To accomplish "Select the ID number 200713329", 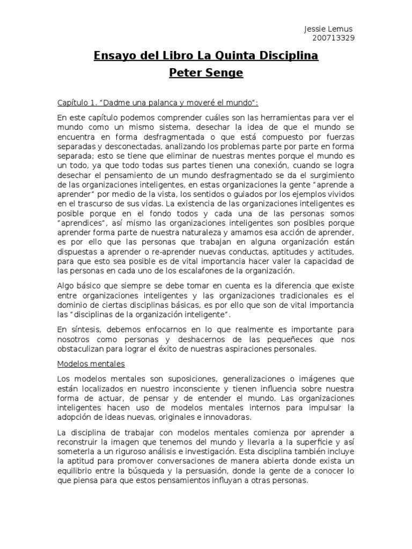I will click(x=333, y=38).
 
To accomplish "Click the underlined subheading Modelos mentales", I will click(x=91, y=363).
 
